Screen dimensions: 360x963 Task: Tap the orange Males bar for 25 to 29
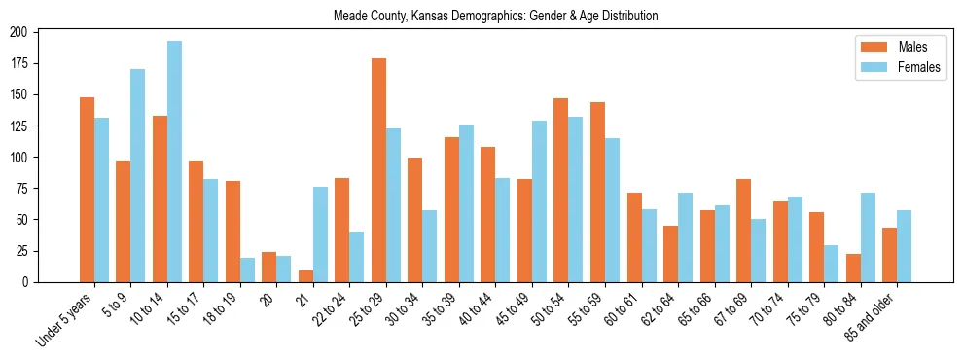[x=378, y=170]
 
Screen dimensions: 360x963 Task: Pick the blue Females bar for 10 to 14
[x=174, y=162]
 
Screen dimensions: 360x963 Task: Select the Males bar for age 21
[x=305, y=276]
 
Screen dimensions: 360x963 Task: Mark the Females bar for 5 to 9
[x=138, y=175]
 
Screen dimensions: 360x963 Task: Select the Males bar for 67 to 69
[x=743, y=231]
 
